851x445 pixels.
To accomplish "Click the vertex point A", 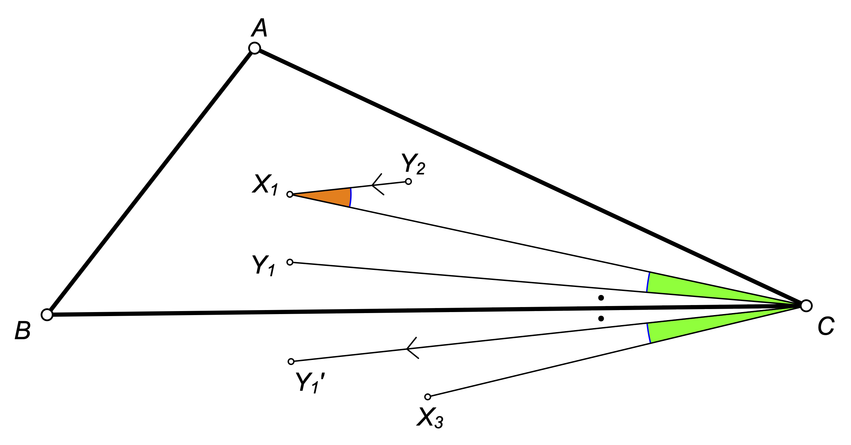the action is point(255,48).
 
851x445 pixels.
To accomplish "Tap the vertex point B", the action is point(47,315).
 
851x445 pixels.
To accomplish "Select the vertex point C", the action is point(806,306).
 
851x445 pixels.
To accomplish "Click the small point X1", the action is point(290,195).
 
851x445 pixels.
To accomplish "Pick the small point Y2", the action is point(408,181).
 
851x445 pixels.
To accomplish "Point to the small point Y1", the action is point(290,262).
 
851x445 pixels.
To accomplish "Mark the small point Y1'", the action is point(291,361).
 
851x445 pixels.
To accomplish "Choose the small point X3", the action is point(427,397).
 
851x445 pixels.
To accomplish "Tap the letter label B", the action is point(23,331).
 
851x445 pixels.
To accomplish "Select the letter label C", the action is point(826,326).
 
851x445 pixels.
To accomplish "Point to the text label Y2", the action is point(413,164).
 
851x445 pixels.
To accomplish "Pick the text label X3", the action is point(430,418).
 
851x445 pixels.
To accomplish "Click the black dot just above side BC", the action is point(601,298).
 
